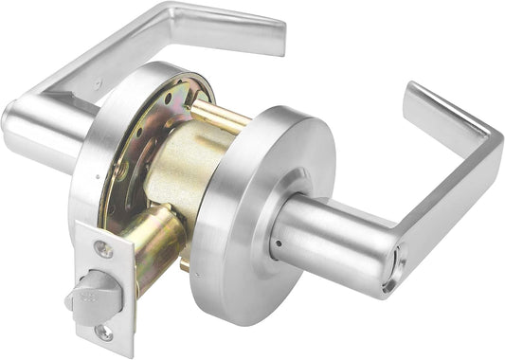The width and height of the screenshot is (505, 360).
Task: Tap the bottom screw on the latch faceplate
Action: coord(103,333)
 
